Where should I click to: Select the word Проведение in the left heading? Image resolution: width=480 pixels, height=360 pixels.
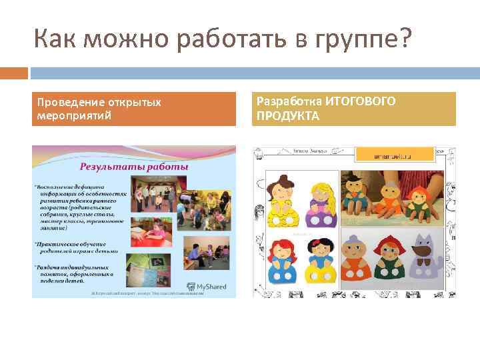click(x=66, y=103)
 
